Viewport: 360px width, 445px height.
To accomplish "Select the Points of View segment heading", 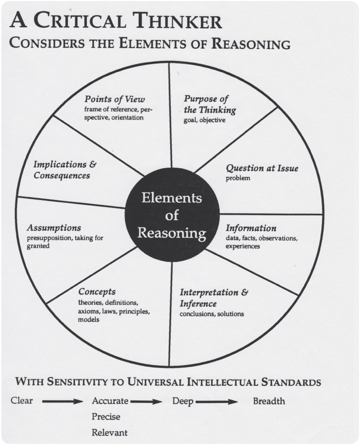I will (x=115, y=98).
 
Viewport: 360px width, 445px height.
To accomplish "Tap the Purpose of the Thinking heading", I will (x=210, y=104).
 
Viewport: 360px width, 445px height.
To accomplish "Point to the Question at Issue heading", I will (x=262, y=168).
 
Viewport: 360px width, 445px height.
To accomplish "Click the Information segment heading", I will (x=251, y=228).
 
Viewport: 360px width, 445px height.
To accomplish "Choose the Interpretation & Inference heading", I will (x=214, y=297).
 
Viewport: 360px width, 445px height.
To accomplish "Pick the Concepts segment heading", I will (x=97, y=292).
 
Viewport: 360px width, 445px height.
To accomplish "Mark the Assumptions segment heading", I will (x=54, y=228).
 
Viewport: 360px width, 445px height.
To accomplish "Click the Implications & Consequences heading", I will (x=65, y=169).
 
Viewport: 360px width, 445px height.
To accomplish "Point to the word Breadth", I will (x=269, y=401).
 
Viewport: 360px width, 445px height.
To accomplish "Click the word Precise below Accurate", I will (x=106, y=417).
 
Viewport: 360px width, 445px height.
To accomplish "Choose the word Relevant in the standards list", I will (x=109, y=433).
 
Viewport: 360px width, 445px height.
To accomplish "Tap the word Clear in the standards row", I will (x=22, y=400).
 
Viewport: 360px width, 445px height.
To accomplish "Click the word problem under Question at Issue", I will (x=238, y=178).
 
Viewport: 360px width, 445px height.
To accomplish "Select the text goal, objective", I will (x=205, y=120).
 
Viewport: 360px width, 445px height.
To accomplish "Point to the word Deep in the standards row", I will (x=182, y=401).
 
